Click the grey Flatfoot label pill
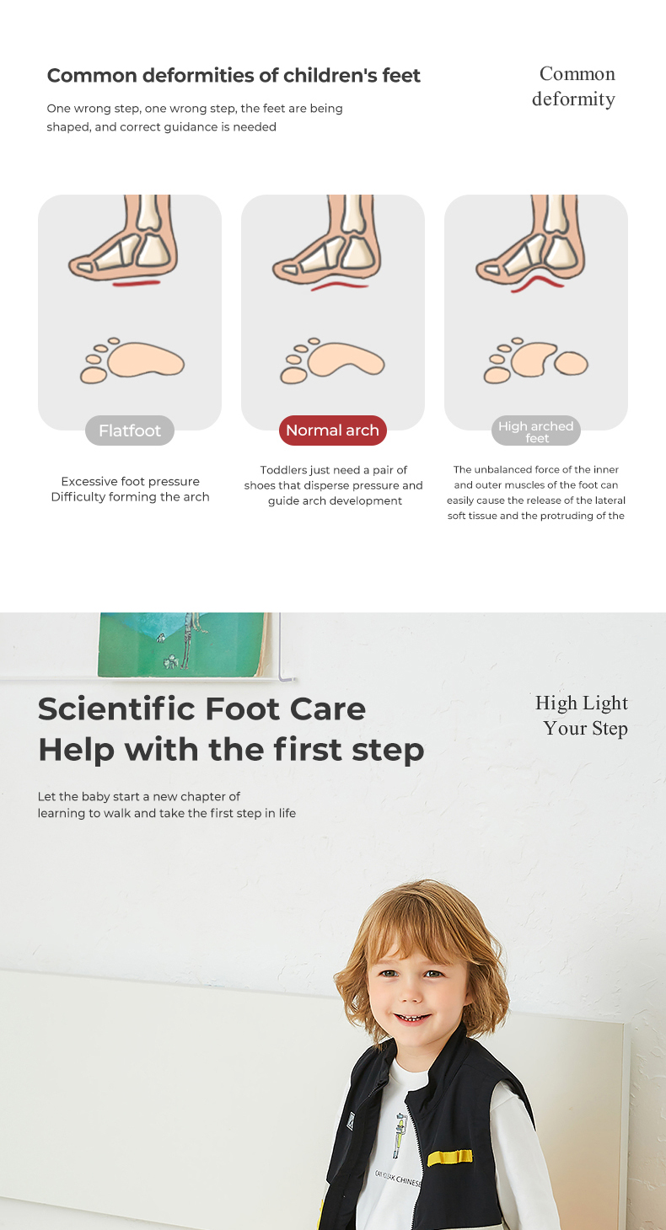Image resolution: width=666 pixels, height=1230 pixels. tap(130, 430)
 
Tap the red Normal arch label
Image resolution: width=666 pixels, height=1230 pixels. tap(332, 430)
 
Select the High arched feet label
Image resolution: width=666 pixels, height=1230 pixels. tap(536, 431)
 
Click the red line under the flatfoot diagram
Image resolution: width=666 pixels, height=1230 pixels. tap(137, 283)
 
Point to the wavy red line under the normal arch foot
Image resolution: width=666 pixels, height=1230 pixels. tap(340, 286)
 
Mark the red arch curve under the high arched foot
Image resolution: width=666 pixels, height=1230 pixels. tap(537, 282)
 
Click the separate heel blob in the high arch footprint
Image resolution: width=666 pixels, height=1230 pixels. tap(571, 363)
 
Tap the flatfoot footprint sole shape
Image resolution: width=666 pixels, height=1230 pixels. tap(146, 359)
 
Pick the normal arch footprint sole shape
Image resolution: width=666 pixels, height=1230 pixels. tap(346, 359)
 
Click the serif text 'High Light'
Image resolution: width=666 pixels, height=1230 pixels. tap(582, 703)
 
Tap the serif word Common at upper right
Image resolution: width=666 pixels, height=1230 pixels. tap(577, 73)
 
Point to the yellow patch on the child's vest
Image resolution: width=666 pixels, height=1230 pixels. tap(450, 1157)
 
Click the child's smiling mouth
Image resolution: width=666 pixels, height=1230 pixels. tap(412, 1019)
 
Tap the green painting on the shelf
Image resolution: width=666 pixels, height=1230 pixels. tap(182, 644)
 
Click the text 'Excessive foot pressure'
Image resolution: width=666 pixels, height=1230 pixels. tap(130, 482)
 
